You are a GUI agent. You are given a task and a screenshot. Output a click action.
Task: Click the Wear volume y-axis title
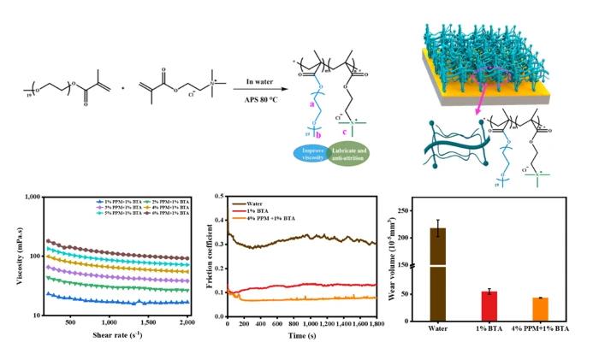click(x=402, y=256)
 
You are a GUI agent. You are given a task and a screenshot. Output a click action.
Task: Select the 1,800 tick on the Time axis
click(x=375, y=323)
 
